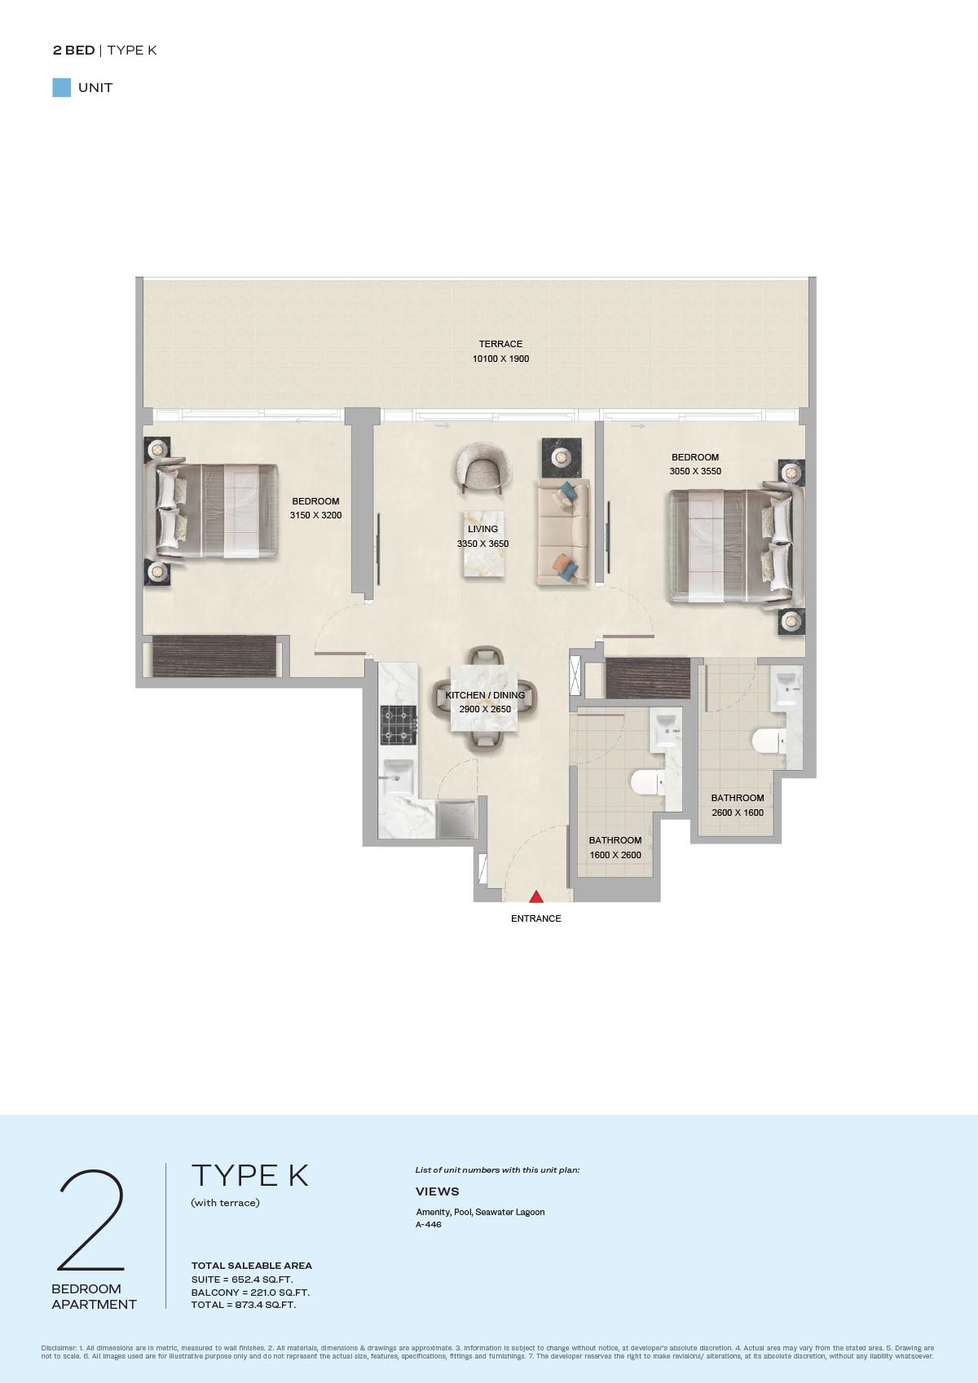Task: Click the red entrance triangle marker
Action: point(536,896)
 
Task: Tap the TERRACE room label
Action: point(500,344)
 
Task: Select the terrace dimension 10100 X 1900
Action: point(500,359)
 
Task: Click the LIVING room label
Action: point(482,529)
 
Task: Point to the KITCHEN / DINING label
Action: point(485,695)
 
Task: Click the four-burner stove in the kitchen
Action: point(399,725)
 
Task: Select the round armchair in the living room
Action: point(483,467)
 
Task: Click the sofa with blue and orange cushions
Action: point(562,531)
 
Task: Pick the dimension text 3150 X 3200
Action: point(315,516)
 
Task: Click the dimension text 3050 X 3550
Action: point(695,471)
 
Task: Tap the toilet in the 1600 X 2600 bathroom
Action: point(647,782)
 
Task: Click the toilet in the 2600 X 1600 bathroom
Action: point(769,740)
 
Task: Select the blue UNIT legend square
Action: point(62,88)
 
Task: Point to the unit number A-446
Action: point(429,1224)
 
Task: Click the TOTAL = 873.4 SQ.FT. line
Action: point(243,1305)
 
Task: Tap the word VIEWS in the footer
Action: point(437,1191)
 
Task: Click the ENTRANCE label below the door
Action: point(536,918)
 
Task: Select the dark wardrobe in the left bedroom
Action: point(214,656)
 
